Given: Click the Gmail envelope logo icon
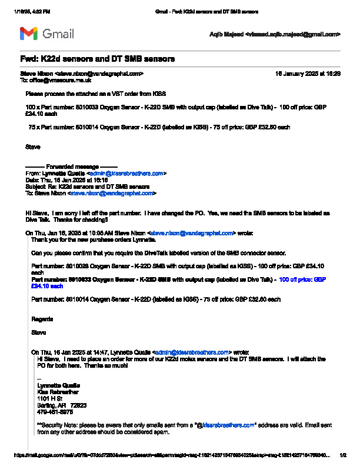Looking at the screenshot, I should coord(29,34).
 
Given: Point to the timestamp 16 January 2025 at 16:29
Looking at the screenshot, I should coord(308,74).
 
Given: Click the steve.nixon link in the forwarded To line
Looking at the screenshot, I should coord(112,192).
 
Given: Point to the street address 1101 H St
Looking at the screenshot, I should coord(49,398).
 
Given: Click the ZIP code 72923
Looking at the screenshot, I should coord(78,405).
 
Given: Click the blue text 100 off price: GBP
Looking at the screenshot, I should coord(302,279).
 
